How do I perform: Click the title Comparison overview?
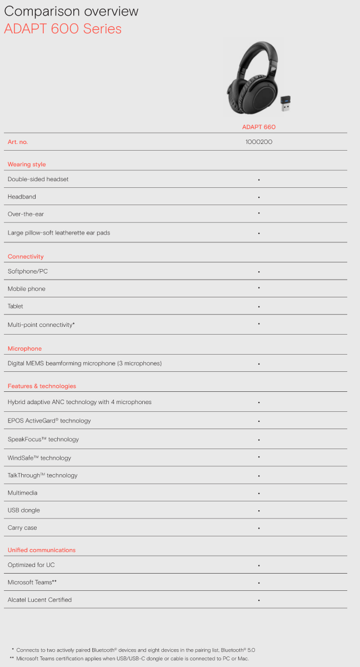pyautogui.click(x=71, y=12)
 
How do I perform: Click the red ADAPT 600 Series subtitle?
pyautogui.click(x=63, y=29)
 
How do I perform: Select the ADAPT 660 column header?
pyautogui.click(x=259, y=127)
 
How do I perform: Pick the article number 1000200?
pyautogui.click(x=259, y=142)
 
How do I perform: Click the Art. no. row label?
pyautogui.click(x=18, y=142)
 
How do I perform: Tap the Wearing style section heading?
pyautogui.click(x=27, y=165)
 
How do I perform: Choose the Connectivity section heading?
pyautogui.click(x=26, y=257)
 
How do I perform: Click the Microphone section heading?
pyautogui.click(x=24, y=349)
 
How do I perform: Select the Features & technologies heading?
pyautogui.click(x=42, y=386)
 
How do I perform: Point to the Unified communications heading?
pyautogui.click(x=42, y=550)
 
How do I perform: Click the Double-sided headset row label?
pyautogui.click(x=38, y=179)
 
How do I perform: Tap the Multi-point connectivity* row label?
pyautogui.click(x=41, y=325)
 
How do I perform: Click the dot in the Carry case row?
pyautogui.click(x=259, y=528)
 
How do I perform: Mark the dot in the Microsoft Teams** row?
pyautogui.click(x=259, y=583)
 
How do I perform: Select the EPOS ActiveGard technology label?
pyautogui.click(x=49, y=421)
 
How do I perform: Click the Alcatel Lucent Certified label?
pyautogui.click(x=39, y=600)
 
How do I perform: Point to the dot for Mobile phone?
pyautogui.click(x=259, y=288)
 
